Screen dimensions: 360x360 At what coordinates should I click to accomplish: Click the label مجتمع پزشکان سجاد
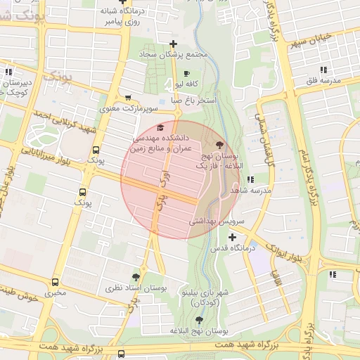tap(173, 54)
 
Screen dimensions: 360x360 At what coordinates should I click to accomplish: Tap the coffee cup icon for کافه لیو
tap(186, 73)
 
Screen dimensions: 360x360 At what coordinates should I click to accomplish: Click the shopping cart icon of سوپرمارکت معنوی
tap(127, 98)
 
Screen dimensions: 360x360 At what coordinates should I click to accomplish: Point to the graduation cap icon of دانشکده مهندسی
tap(160, 127)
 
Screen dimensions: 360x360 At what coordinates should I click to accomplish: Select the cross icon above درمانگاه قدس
tap(233, 237)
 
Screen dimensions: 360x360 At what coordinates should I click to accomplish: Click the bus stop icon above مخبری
tap(55, 281)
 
